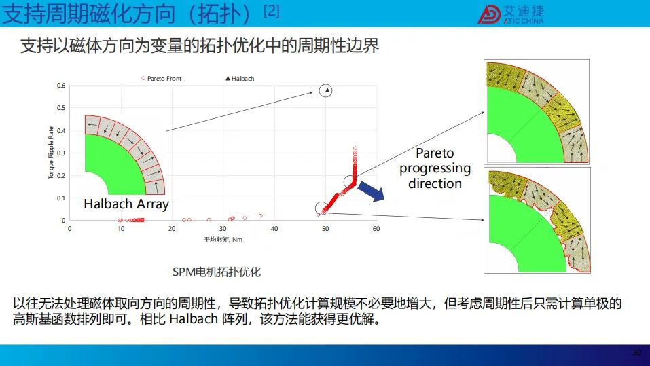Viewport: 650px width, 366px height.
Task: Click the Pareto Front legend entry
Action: click(x=162, y=78)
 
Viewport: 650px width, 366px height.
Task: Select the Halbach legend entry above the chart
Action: click(x=240, y=78)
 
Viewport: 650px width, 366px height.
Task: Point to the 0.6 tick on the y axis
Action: click(x=61, y=86)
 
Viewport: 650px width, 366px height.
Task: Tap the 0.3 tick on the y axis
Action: click(x=61, y=153)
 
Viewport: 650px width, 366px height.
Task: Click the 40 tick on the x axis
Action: click(x=274, y=228)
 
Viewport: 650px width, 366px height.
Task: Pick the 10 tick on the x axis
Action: click(x=121, y=228)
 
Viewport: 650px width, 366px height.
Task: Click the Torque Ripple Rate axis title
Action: click(x=51, y=153)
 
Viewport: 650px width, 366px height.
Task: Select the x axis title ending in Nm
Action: click(x=223, y=240)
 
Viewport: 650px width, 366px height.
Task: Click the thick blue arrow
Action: click(x=371, y=191)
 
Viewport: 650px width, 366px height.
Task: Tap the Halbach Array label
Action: click(x=126, y=204)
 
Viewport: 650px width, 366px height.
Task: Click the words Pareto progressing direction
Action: click(x=435, y=168)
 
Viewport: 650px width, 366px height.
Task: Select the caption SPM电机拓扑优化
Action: click(x=217, y=272)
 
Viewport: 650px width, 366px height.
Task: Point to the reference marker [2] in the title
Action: click(x=272, y=10)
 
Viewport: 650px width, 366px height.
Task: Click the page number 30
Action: click(x=637, y=352)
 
